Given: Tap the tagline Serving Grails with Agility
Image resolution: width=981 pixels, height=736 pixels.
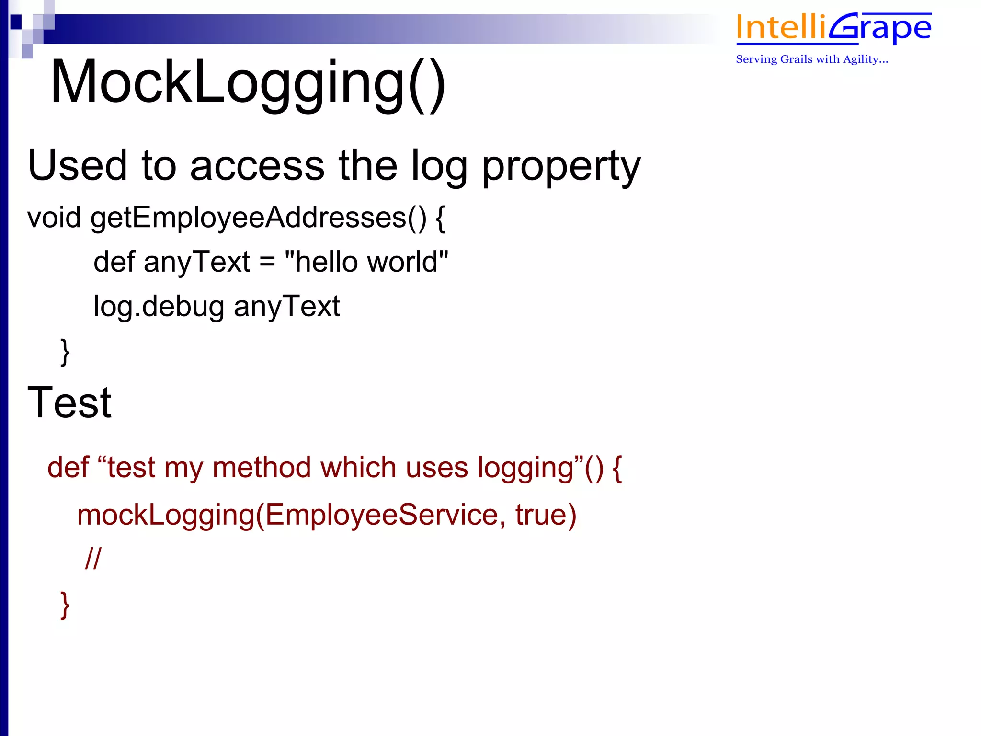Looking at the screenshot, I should pyautogui.click(x=811, y=59).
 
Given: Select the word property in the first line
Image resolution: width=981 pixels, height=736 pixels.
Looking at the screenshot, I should pyautogui.click(x=561, y=166).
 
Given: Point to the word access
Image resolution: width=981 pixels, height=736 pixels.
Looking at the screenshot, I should pyautogui.click(x=257, y=166).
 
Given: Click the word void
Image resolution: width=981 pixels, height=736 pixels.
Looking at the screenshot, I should pyautogui.click(x=54, y=218).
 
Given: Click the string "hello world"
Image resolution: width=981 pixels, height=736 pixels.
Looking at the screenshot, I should pyautogui.click(x=366, y=262).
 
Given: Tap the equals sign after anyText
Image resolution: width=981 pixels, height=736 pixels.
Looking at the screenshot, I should pyautogui.click(x=267, y=263).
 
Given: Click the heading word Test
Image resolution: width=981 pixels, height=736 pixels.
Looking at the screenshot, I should pyautogui.click(x=69, y=402).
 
